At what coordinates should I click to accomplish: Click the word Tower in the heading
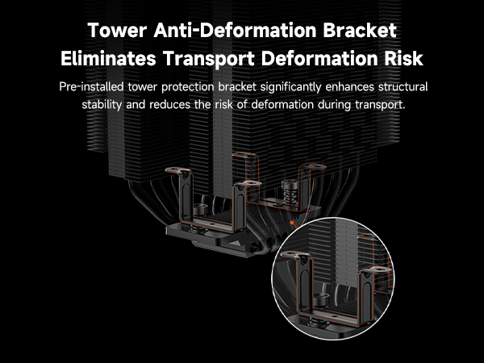(117, 31)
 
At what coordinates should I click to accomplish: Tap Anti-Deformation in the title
(236, 31)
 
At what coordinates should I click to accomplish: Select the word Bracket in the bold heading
(360, 31)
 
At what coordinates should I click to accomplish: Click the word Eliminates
(108, 59)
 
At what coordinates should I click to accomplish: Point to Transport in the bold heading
(209, 59)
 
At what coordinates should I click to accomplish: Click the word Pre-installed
(91, 87)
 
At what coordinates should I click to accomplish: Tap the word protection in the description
(187, 87)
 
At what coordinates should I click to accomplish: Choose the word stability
(102, 105)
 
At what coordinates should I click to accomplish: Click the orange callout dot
(292, 223)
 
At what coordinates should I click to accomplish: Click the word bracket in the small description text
(237, 87)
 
